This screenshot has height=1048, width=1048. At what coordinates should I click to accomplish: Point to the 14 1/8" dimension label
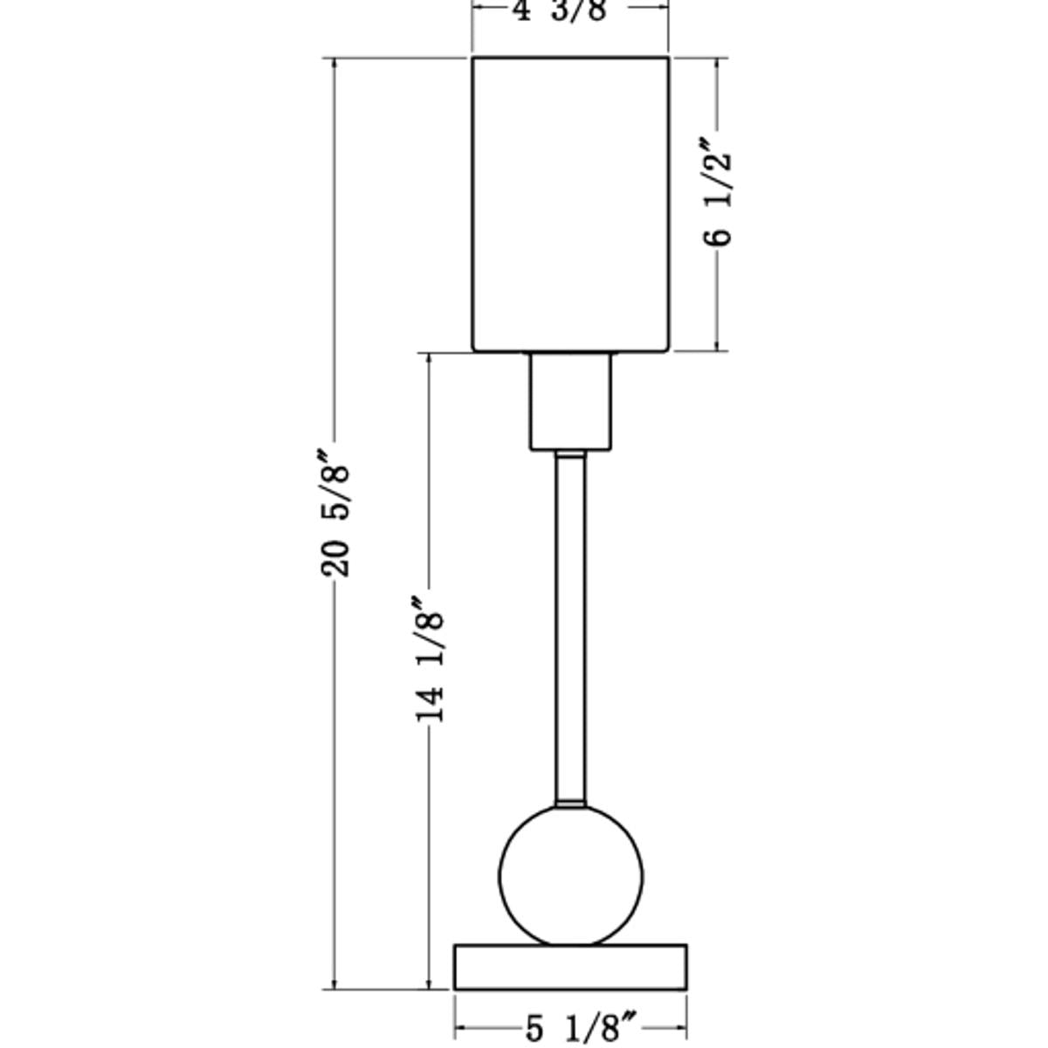[430, 659]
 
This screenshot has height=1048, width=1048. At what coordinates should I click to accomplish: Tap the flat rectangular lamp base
[570, 967]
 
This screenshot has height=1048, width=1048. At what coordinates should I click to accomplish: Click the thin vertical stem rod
[570, 629]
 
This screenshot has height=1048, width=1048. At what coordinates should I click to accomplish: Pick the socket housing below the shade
[570, 402]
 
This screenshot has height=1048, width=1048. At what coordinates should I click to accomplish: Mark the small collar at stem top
[570, 454]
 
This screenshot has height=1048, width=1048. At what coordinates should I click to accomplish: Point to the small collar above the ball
[570, 801]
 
